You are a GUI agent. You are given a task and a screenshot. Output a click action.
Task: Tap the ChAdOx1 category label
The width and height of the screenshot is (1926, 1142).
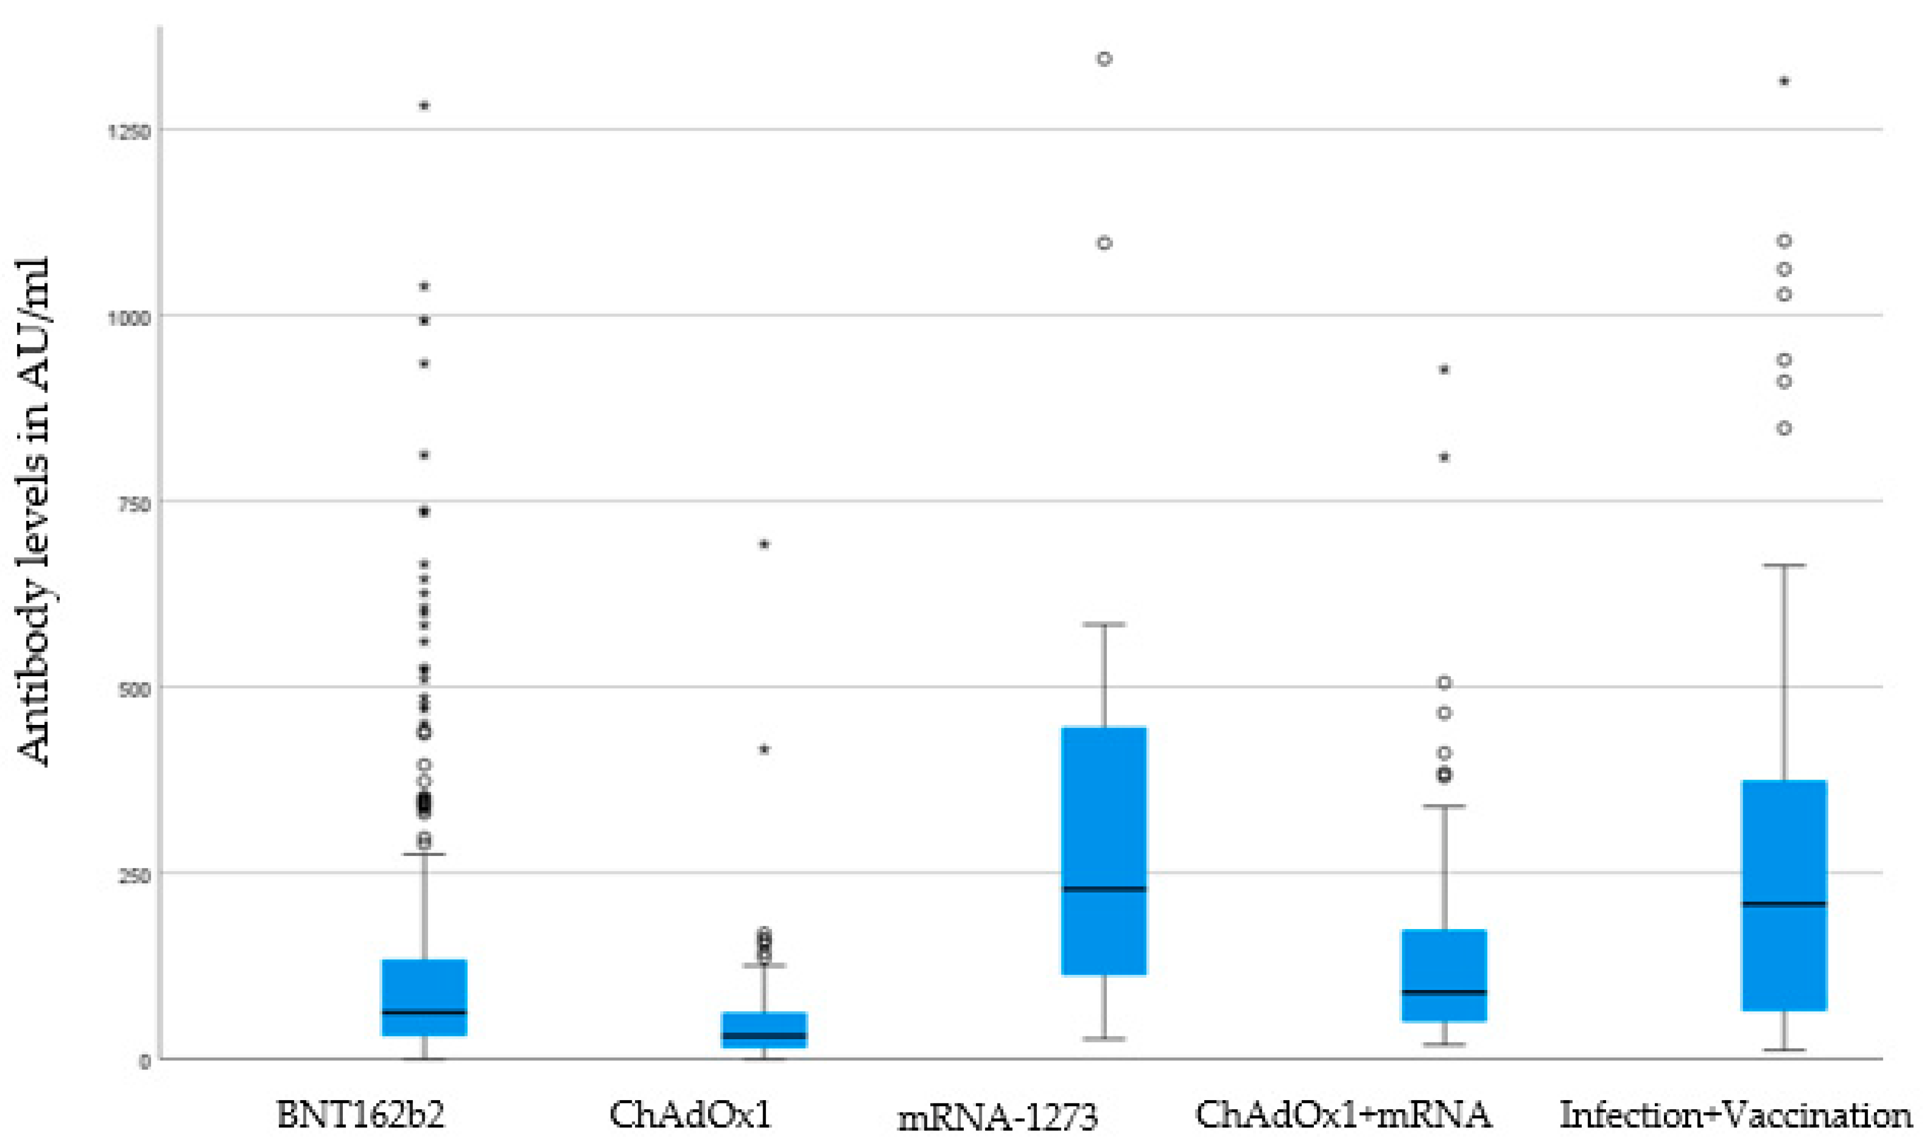pos(690,1114)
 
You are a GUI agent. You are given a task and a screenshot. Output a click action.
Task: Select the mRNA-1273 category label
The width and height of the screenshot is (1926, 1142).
pos(998,1117)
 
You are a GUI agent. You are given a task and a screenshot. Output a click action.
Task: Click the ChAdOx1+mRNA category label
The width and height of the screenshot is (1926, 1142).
pos(1343,1114)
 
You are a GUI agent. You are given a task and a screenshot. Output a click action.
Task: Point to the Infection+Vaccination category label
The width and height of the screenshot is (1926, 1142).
pos(1735,1114)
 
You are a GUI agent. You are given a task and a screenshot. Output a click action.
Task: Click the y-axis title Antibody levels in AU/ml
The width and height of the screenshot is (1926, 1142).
pos(34,512)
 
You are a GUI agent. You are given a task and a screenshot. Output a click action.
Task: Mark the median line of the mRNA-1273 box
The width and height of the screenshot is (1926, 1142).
pos(1104,889)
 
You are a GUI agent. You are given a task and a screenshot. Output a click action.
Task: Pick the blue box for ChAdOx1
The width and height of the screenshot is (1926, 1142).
pos(764,1029)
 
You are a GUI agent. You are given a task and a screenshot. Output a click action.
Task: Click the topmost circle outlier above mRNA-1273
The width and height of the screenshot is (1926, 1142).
pos(1104,59)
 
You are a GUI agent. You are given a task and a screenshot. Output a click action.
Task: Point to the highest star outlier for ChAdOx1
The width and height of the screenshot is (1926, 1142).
pos(764,545)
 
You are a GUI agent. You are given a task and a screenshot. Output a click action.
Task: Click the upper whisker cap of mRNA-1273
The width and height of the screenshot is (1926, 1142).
pos(1104,624)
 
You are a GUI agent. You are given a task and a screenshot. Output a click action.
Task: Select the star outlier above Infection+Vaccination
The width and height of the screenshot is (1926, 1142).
pos(1784,81)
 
